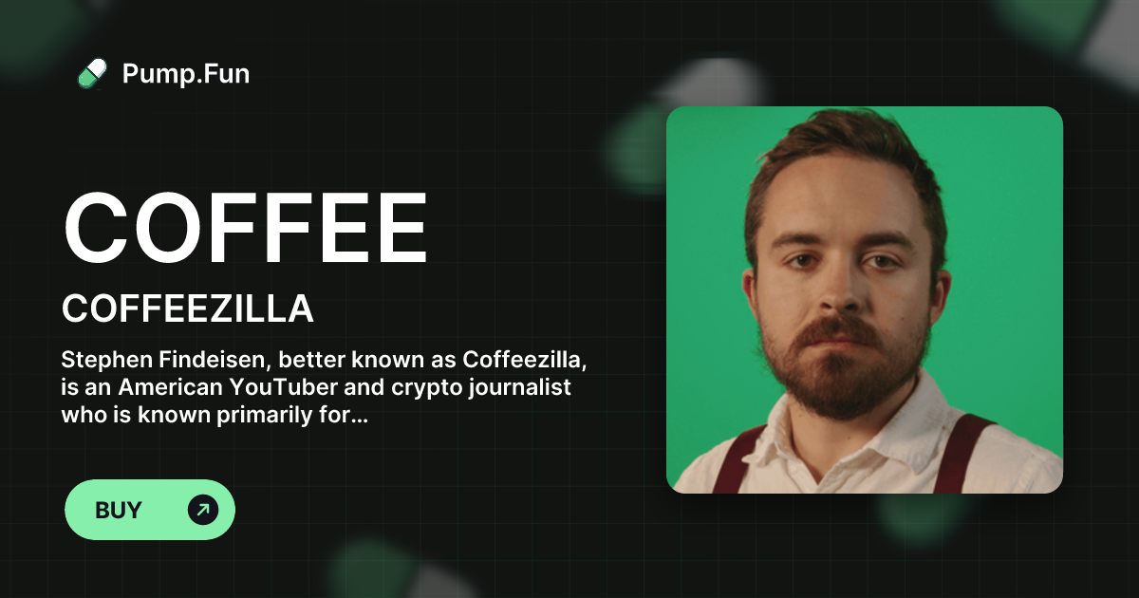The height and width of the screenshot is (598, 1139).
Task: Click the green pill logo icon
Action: click(x=92, y=73)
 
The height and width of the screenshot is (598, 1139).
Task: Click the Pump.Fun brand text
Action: click(x=186, y=73)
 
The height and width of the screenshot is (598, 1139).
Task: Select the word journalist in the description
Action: click(x=536, y=388)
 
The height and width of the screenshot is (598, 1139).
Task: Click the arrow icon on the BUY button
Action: click(x=202, y=510)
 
